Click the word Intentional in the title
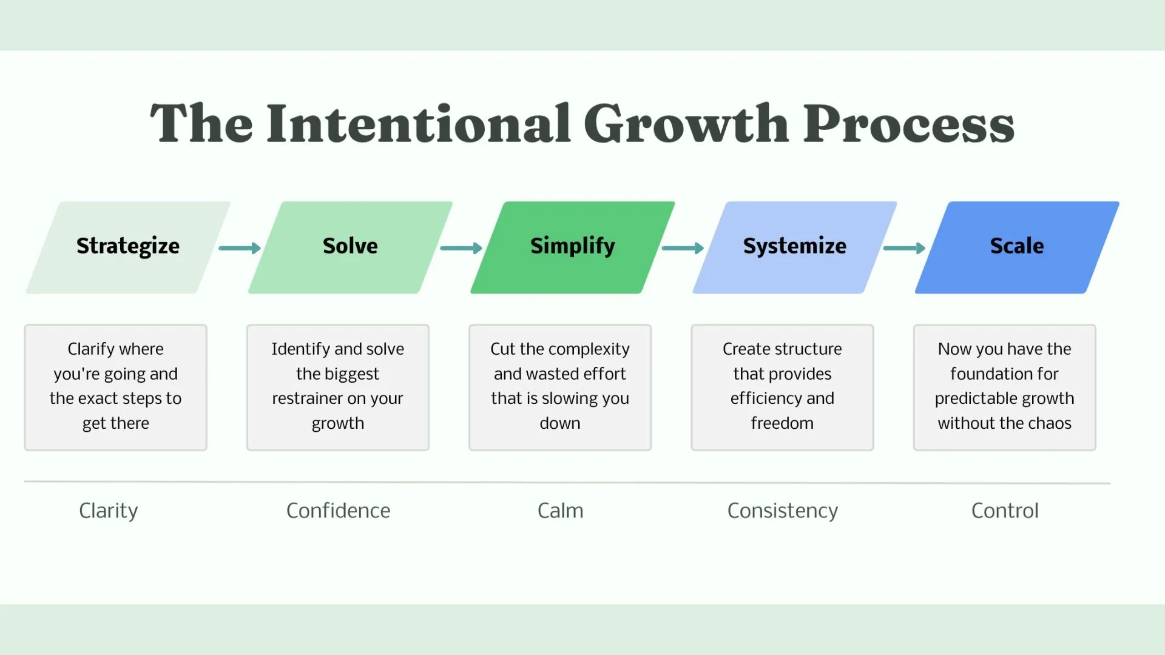click(x=419, y=124)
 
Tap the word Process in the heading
click(x=908, y=124)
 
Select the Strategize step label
click(x=128, y=246)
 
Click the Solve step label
click(x=350, y=246)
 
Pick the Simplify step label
click(x=572, y=246)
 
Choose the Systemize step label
click(x=794, y=246)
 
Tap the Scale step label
click(x=1017, y=246)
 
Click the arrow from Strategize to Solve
click(x=240, y=248)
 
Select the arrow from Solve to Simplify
click(x=461, y=248)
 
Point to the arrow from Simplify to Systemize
click(x=683, y=248)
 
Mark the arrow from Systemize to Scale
click(x=904, y=248)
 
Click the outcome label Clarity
click(x=109, y=511)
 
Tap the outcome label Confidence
click(x=338, y=511)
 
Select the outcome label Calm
click(x=560, y=511)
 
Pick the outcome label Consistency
click(x=782, y=511)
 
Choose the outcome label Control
click(x=1005, y=511)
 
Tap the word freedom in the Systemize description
click(x=782, y=423)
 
